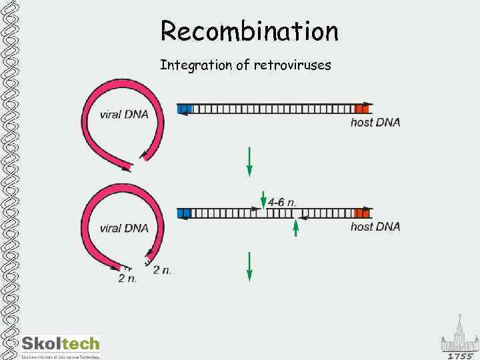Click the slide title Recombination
[249, 31]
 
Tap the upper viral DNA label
[124, 114]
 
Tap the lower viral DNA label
[124, 228]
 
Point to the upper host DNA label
[375, 122]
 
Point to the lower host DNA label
[375, 227]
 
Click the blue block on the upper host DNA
[185, 109]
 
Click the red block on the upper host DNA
[361, 109]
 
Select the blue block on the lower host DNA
[185, 213]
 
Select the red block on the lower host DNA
[361, 213]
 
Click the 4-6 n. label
[282, 201]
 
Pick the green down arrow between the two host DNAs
[249, 161]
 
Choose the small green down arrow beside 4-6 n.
[262, 198]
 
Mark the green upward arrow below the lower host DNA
[295, 228]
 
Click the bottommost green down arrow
[249, 265]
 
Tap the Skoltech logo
[61, 345]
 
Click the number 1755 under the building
[461, 356]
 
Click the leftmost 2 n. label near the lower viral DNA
[127, 278]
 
